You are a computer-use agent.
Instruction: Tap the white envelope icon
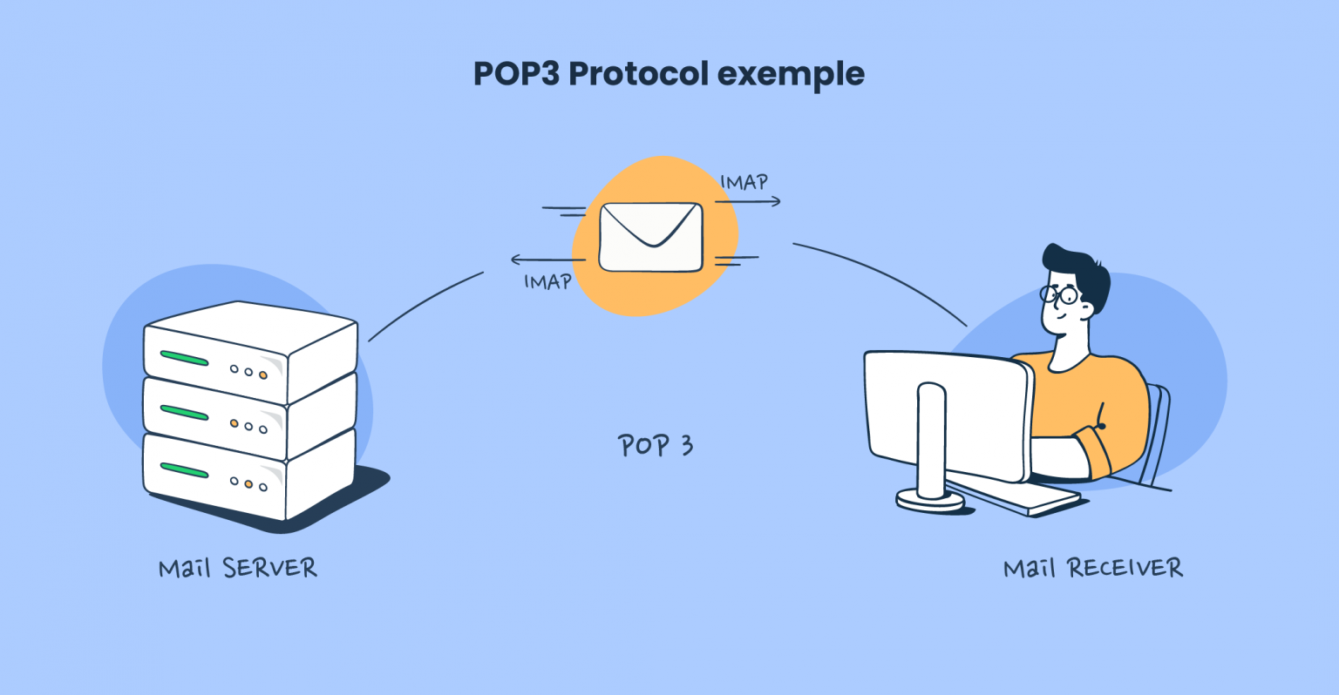tap(650, 237)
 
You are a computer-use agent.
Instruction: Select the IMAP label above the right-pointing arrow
tap(744, 183)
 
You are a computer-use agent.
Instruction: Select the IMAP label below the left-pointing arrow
tap(547, 282)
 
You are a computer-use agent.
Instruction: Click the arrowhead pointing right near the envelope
tap(775, 202)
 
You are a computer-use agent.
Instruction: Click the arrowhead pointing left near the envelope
tap(516, 260)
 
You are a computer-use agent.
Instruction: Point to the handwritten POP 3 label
tap(655, 446)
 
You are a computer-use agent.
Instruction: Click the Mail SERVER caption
tap(237, 569)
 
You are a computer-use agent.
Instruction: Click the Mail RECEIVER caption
tap(1092, 569)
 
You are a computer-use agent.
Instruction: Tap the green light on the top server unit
tap(184, 358)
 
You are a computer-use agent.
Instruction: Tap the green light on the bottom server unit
tap(184, 470)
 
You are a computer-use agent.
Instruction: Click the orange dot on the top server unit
tap(262, 374)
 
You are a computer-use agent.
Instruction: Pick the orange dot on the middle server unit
tap(234, 423)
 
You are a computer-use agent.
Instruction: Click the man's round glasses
tap(1058, 295)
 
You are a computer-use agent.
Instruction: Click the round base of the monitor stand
tap(930, 500)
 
